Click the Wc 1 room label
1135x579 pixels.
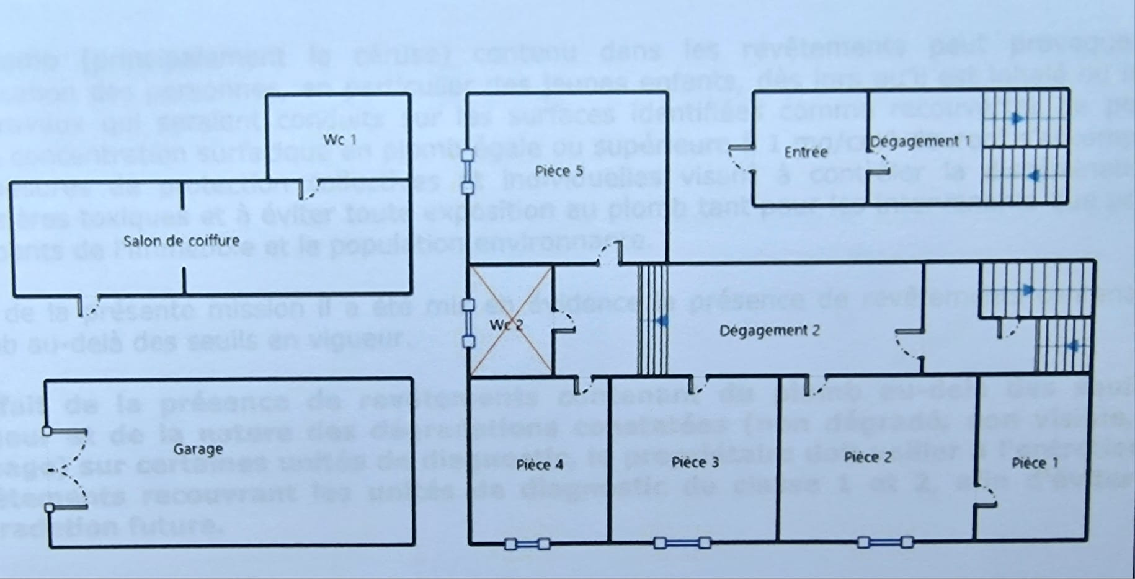pos(340,139)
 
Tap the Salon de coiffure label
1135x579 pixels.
pos(181,241)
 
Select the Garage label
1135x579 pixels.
pos(198,449)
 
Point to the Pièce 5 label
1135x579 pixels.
pos(559,170)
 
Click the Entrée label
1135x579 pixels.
pos(806,152)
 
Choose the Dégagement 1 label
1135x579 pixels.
pos(920,141)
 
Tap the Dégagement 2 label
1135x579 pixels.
pos(769,330)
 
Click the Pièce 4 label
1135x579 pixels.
pos(540,464)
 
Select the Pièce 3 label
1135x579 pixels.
pos(695,462)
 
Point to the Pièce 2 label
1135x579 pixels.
pos(868,457)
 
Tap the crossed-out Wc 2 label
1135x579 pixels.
pos(506,324)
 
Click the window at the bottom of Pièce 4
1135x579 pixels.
pos(527,544)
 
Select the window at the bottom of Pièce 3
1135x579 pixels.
pos(682,544)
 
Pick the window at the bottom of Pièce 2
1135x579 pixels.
pos(884,543)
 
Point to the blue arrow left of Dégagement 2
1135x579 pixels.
pos(661,320)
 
